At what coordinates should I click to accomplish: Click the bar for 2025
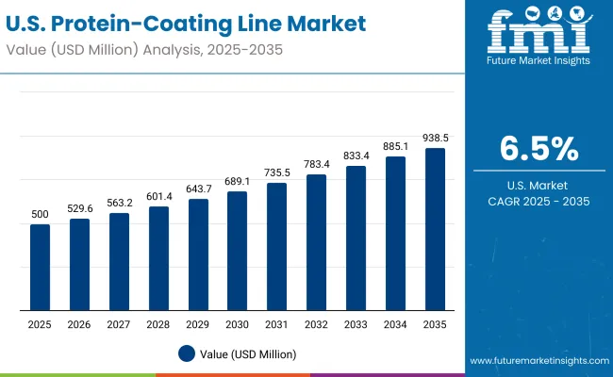point(40,268)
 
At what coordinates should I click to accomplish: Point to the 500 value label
point(40,216)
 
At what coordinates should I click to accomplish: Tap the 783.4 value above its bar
point(317,166)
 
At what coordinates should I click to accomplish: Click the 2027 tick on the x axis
point(119,324)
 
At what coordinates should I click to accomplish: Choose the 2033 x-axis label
point(356,324)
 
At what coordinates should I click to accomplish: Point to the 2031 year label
point(277,324)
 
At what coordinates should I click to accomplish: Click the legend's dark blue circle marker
point(188,353)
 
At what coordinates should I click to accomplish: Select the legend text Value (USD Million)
point(248,353)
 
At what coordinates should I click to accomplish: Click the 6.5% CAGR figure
point(538,148)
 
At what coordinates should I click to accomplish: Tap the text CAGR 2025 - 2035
point(538,202)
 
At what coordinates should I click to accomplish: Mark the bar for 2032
point(317,242)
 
